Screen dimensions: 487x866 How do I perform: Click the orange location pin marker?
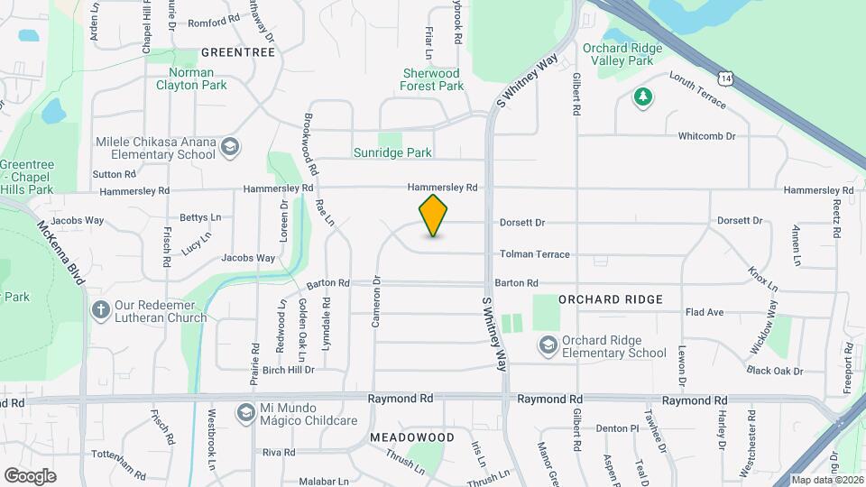click(x=434, y=215)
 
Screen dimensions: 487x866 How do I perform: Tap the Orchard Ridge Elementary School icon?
click(x=547, y=345)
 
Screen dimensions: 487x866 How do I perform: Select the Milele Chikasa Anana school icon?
click(x=230, y=147)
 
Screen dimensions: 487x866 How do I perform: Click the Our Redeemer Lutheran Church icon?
click(x=101, y=310)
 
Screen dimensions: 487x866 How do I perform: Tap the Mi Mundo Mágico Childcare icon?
click(x=244, y=412)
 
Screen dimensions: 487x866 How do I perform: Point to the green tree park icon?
click(x=642, y=96)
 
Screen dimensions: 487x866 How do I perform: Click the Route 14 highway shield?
click(x=727, y=79)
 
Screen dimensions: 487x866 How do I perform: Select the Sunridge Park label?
click(x=392, y=153)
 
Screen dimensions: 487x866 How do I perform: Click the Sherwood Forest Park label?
click(x=432, y=79)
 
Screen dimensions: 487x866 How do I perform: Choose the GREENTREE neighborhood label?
click(x=237, y=52)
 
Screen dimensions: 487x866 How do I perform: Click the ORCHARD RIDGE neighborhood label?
click(x=611, y=299)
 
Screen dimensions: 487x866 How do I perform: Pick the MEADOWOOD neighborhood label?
click(x=411, y=436)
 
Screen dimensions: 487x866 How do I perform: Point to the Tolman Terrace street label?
click(x=535, y=254)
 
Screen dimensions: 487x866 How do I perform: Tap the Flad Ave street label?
click(x=705, y=312)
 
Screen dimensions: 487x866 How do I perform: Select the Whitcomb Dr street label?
click(x=707, y=136)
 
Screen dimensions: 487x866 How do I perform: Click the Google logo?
click(x=30, y=475)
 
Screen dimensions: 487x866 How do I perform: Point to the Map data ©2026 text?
click(x=828, y=480)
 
